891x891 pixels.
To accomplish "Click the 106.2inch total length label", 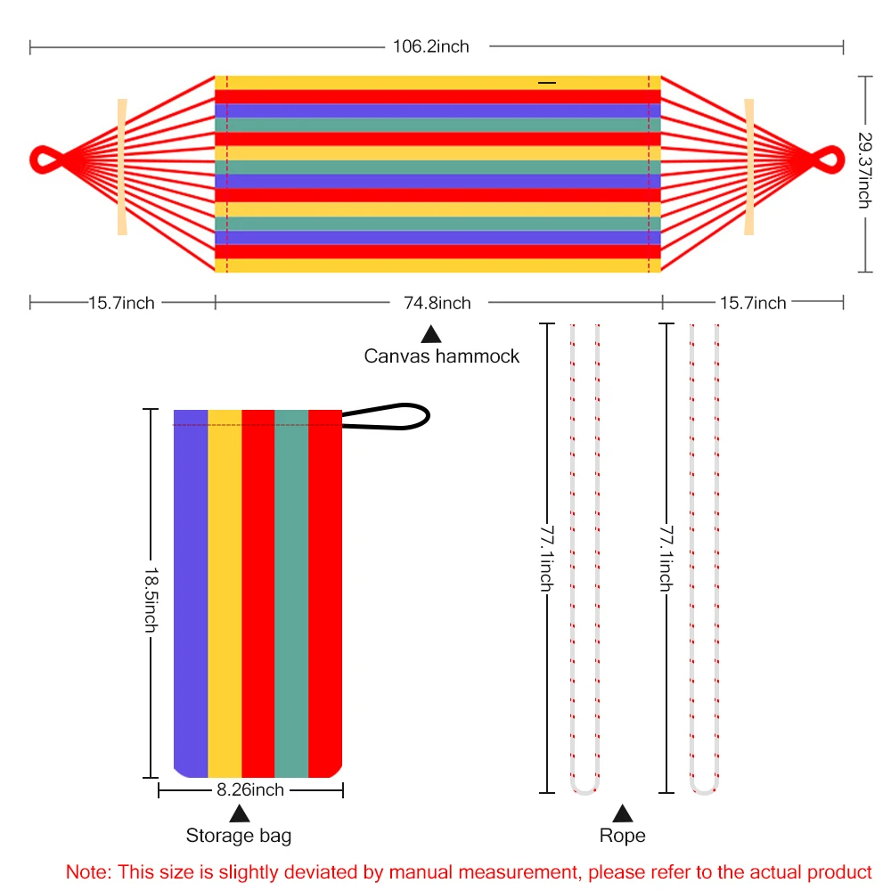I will [431, 46].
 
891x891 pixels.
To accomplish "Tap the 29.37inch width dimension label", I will [863, 170].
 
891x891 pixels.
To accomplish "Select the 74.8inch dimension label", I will [437, 303].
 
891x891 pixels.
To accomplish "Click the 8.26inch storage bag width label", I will [250, 789].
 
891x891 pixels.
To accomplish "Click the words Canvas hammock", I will [441, 356].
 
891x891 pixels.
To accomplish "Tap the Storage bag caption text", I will [238, 836].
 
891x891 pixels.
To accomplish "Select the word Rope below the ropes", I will [622, 836].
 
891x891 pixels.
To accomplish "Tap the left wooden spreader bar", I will [122, 167].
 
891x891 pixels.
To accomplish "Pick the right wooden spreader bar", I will [749, 167].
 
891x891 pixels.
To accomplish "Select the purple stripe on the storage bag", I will [191, 593].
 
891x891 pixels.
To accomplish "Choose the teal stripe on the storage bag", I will [291, 593].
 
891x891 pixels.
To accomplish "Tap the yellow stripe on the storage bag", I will [225, 593].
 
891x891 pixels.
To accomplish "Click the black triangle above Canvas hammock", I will [431, 334].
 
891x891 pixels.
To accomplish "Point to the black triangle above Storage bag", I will [239, 813].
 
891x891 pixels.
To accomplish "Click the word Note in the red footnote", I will [84, 871].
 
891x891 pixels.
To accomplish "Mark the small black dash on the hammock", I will [547, 83].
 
